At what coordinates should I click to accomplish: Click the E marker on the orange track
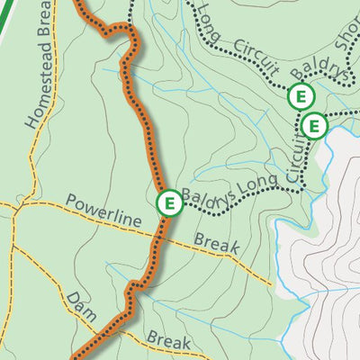tap(168, 204)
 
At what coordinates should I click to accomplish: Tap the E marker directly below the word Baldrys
tap(300, 95)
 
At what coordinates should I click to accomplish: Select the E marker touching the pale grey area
tap(313, 126)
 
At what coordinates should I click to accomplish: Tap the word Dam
tap(79, 305)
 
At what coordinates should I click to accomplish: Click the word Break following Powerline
tap(216, 244)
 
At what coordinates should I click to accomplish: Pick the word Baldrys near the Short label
tap(319, 75)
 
